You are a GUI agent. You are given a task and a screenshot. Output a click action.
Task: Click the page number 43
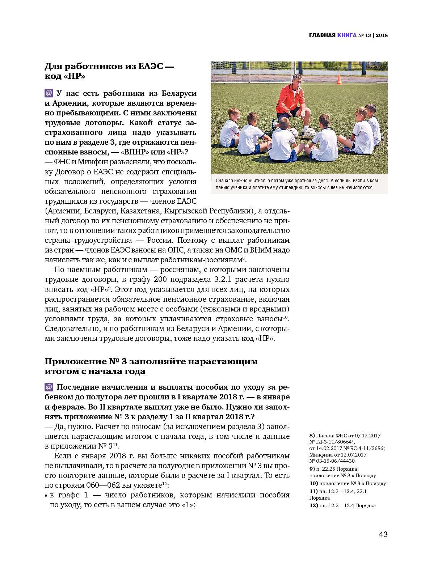[383, 534]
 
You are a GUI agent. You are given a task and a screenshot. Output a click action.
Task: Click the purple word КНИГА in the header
[347, 35]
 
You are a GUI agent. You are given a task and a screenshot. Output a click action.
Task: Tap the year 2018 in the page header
[382, 35]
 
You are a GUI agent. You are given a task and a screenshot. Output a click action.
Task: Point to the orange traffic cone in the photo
[339, 79]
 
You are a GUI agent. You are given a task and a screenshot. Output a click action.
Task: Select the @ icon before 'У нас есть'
[49, 93]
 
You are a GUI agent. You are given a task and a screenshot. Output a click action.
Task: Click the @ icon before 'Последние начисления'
[49, 387]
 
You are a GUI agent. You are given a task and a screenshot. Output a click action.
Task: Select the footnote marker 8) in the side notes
[312, 436]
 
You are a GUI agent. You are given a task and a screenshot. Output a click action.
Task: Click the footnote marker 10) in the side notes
[313, 483]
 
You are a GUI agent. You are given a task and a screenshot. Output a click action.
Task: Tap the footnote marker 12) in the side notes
[313, 505]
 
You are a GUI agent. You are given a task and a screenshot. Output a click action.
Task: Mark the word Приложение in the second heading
[75, 361]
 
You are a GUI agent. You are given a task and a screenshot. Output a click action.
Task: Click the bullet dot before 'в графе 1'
[46, 496]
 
